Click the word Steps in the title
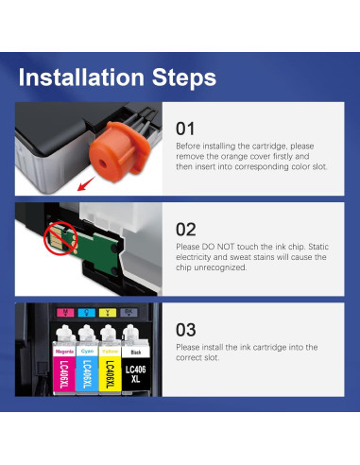(x=184, y=77)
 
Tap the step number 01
(x=186, y=128)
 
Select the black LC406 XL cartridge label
(x=136, y=365)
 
